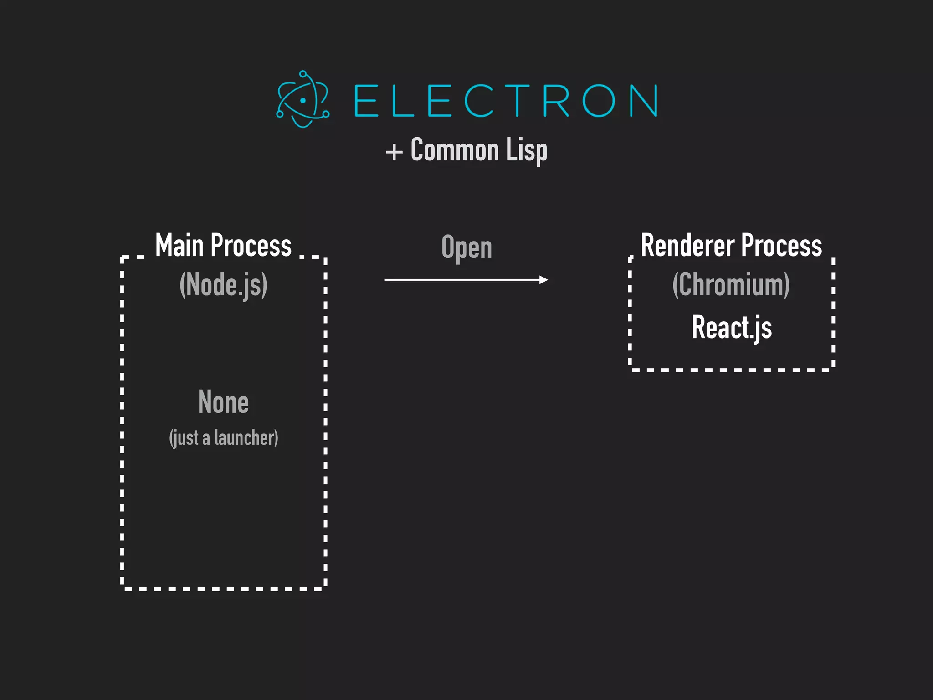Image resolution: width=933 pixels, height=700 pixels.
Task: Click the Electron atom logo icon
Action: pos(302,99)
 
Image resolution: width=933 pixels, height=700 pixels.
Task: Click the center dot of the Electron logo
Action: pos(303,100)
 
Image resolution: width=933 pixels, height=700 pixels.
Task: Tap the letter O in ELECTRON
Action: pos(598,100)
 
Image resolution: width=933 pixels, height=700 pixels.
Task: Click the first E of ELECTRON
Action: pos(366,100)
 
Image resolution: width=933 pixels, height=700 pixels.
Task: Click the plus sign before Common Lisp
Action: pos(394,152)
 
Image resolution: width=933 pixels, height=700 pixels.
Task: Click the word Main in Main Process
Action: pos(179,245)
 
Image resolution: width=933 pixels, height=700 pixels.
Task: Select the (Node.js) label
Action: pos(223,285)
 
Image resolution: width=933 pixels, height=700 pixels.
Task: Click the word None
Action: pos(223,402)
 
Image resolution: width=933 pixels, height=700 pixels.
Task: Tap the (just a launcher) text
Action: pos(223,438)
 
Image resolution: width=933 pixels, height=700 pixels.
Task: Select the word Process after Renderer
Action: pos(781,245)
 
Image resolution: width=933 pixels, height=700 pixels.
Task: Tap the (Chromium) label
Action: pos(731,285)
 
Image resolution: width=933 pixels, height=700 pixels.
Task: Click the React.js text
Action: pos(732,327)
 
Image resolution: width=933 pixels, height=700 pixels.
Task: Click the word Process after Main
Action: pos(251,245)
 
